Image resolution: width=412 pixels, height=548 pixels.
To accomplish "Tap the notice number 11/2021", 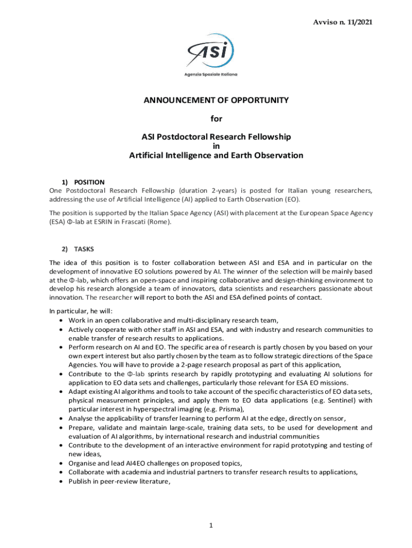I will (x=360, y=22).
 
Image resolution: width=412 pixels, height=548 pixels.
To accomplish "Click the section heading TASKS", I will (x=84, y=249).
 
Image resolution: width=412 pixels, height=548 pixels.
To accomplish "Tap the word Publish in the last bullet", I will (x=80, y=481).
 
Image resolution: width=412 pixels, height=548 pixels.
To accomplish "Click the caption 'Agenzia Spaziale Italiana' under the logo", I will (x=211, y=74).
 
